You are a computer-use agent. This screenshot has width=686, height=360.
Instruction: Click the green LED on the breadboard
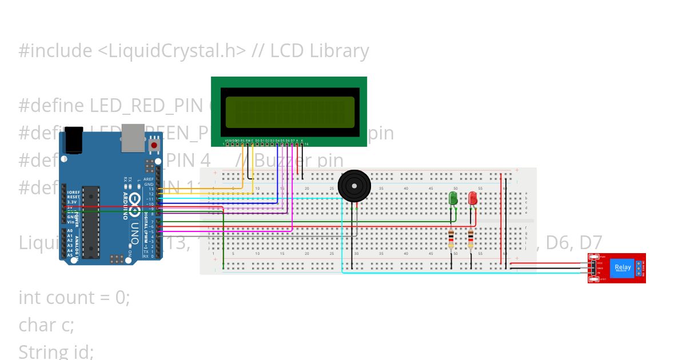coord(453,199)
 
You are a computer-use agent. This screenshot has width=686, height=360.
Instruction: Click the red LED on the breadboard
coord(473,198)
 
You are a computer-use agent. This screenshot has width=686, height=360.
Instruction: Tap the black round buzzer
coord(354,186)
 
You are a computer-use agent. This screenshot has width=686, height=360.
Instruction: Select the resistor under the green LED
coord(452,239)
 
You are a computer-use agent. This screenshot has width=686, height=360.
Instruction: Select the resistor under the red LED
coord(470,239)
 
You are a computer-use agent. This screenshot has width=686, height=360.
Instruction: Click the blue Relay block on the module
coord(623,267)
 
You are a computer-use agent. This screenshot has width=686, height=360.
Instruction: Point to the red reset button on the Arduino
coord(154,146)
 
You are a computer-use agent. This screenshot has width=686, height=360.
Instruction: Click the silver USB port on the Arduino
coord(133,139)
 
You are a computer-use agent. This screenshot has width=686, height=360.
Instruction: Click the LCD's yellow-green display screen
coord(290,111)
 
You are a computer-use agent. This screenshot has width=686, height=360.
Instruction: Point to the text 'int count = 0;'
coord(74,298)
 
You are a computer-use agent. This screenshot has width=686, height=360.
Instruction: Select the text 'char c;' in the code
coord(46,325)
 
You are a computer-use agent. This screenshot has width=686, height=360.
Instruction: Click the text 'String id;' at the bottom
coord(56,350)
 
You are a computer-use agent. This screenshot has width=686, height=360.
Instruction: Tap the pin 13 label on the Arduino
coord(151,189)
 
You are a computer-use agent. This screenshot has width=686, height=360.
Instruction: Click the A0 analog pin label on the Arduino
coord(70,231)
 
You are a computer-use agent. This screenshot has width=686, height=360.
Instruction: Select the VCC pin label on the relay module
coord(600,263)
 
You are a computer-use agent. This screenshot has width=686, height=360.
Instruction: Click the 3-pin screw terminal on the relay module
coord(638,268)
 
